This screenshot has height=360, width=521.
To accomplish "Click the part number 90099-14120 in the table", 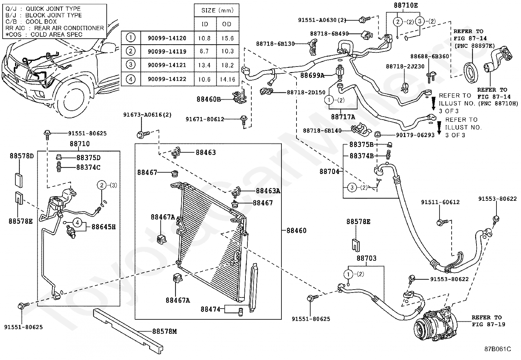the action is [167, 38].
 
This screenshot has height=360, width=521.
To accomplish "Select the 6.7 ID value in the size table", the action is [204, 51].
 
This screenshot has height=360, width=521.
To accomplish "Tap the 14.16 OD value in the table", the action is [227, 79].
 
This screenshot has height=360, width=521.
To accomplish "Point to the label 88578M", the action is [164, 331].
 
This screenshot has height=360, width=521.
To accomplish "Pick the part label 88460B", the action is [209, 99].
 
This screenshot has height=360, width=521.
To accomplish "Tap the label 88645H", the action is [103, 227].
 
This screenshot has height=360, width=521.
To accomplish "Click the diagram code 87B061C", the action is [498, 349].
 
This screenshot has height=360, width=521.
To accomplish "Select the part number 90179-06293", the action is [415, 135].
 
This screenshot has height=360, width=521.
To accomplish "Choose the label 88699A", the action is [312, 75].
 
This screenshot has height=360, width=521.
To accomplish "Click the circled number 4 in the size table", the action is [131, 79].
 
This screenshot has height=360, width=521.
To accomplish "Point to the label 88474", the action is [210, 309].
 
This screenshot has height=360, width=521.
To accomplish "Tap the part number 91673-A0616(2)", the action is [147, 115].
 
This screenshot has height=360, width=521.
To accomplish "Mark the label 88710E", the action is [405, 5].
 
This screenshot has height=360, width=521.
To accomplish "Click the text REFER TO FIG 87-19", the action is [488, 321].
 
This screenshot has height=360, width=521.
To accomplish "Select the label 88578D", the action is [22, 156].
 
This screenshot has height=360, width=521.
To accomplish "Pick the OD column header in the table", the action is [227, 24].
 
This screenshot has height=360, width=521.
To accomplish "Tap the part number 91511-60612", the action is [440, 202].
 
